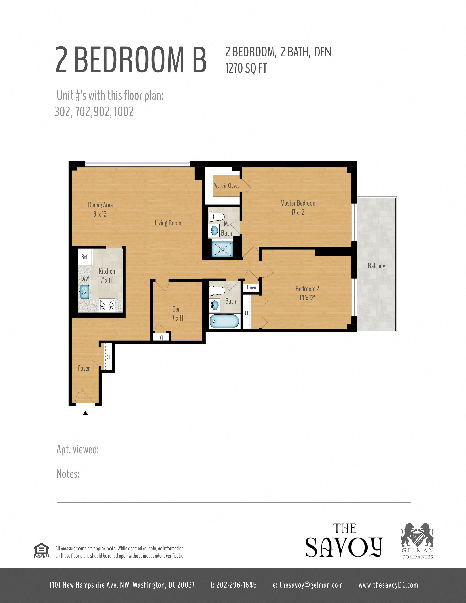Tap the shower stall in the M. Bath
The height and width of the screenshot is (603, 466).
[222, 249]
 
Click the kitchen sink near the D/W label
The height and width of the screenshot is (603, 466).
[84, 292]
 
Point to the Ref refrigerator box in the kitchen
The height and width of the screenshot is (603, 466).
[84, 257]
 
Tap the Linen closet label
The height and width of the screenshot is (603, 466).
[251, 288]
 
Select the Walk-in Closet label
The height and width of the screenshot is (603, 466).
[226, 186]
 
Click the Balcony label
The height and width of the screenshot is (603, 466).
[376, 266]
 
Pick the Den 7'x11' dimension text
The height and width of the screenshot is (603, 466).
[178, 318]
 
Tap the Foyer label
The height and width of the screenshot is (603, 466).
[84, 368]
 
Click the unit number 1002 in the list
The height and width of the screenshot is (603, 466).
[124, 112]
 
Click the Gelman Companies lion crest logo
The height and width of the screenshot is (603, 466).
[417, 535]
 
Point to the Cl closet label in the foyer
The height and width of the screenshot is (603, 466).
[108, 357]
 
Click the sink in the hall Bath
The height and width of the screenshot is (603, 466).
[215, 305]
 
